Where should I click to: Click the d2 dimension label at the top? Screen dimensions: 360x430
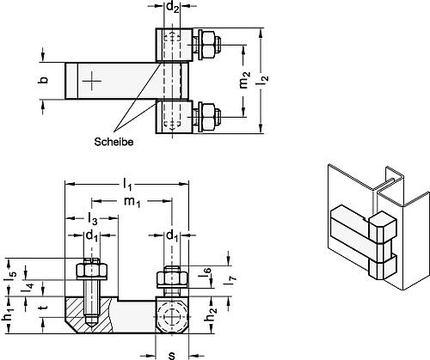(173, 9)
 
